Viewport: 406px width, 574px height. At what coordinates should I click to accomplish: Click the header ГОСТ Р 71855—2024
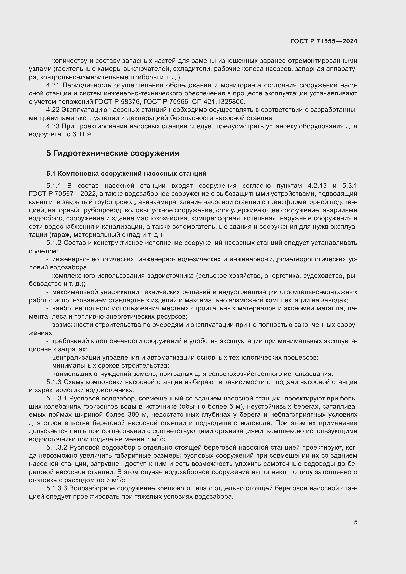(x=324, y=41)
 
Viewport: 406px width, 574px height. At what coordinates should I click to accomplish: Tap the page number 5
(x=355, y=522)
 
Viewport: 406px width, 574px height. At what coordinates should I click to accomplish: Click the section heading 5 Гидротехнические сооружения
(x=112, y=153)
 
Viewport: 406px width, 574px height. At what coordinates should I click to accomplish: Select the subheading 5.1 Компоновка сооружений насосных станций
(x=126, y=174)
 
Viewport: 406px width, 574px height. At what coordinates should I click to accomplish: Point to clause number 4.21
(x=53, y=85)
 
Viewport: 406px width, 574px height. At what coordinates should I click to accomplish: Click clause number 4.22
(x=53, y=110)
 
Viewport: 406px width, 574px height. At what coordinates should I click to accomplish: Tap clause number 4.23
(x=53, y=126)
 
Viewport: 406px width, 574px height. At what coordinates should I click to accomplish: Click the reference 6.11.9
(x=82, y=134)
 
